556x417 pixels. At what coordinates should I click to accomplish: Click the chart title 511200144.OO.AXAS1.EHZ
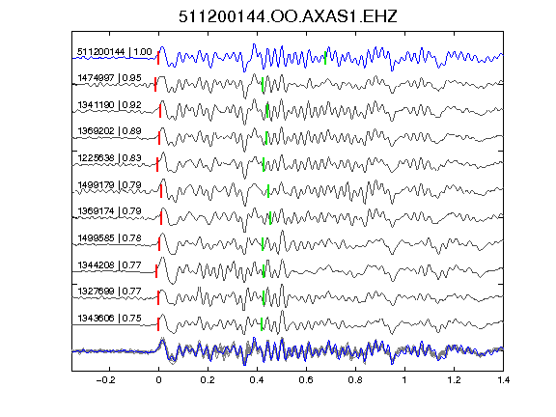288,16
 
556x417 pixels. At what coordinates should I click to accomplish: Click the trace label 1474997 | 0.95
109,77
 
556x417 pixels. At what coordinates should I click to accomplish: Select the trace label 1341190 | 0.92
109,105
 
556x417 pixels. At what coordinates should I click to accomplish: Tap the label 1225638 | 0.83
109,157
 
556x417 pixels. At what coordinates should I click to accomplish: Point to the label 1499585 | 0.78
109,237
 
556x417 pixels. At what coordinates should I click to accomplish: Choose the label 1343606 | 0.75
109,319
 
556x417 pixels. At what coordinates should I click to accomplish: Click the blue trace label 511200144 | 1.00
115,52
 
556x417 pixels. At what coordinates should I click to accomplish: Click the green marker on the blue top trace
325,58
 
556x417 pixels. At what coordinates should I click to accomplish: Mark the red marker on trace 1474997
155,84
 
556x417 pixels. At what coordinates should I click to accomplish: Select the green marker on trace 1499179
268,191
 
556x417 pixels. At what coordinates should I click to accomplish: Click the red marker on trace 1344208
156,271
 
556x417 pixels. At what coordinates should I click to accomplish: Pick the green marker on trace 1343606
262,324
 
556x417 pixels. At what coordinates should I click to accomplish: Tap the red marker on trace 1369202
159,138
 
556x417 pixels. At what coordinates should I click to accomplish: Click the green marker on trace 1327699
264,297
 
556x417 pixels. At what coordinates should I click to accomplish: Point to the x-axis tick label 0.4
257,380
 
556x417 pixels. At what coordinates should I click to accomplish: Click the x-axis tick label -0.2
105,380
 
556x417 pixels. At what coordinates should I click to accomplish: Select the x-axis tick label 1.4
503,380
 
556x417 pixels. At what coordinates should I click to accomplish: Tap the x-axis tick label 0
158,380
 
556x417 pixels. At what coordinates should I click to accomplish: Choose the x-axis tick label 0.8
355,380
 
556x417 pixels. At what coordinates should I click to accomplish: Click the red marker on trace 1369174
161,218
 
